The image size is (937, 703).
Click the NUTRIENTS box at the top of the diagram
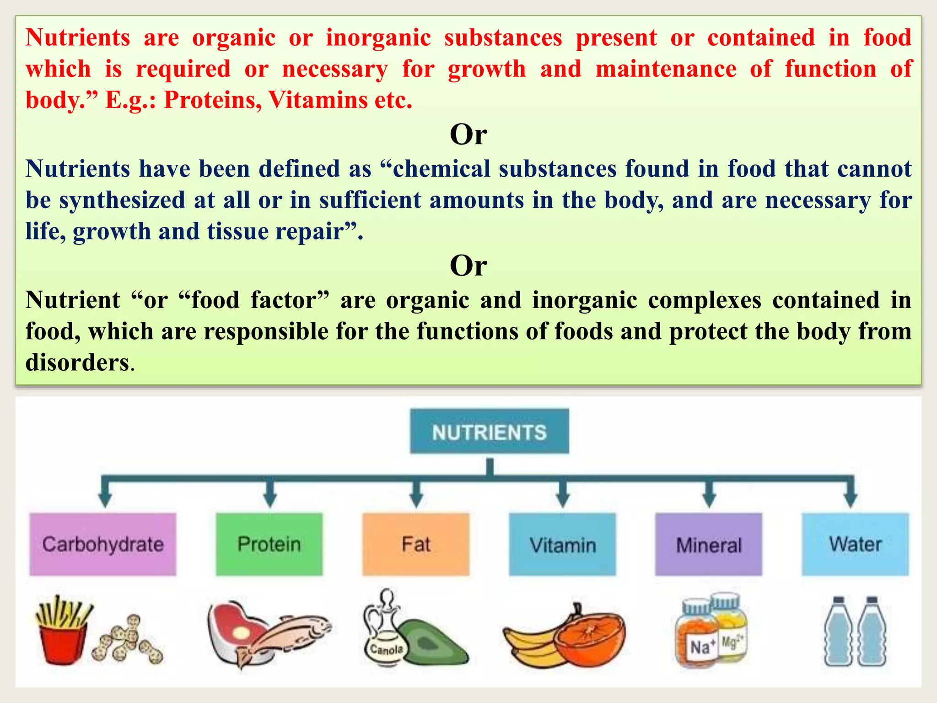click(x=489, y=432)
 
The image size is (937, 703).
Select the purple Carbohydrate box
click(x=102, y=544)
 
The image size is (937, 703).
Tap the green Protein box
click(x=269, y=544)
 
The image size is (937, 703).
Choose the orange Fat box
click(x=415, y=544)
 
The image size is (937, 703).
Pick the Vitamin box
click(x=562, y=545)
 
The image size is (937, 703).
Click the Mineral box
click(x=708, y=545)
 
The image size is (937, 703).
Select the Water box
click(x=855, y=544)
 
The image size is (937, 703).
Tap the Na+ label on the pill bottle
click(x=700, y=647)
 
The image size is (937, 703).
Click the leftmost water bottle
click(x=838, y=634)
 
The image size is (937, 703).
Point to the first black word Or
click(x=468, y=135)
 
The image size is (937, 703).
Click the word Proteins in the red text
click(x=212, y=100)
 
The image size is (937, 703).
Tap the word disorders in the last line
click(x=77, y=362)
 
